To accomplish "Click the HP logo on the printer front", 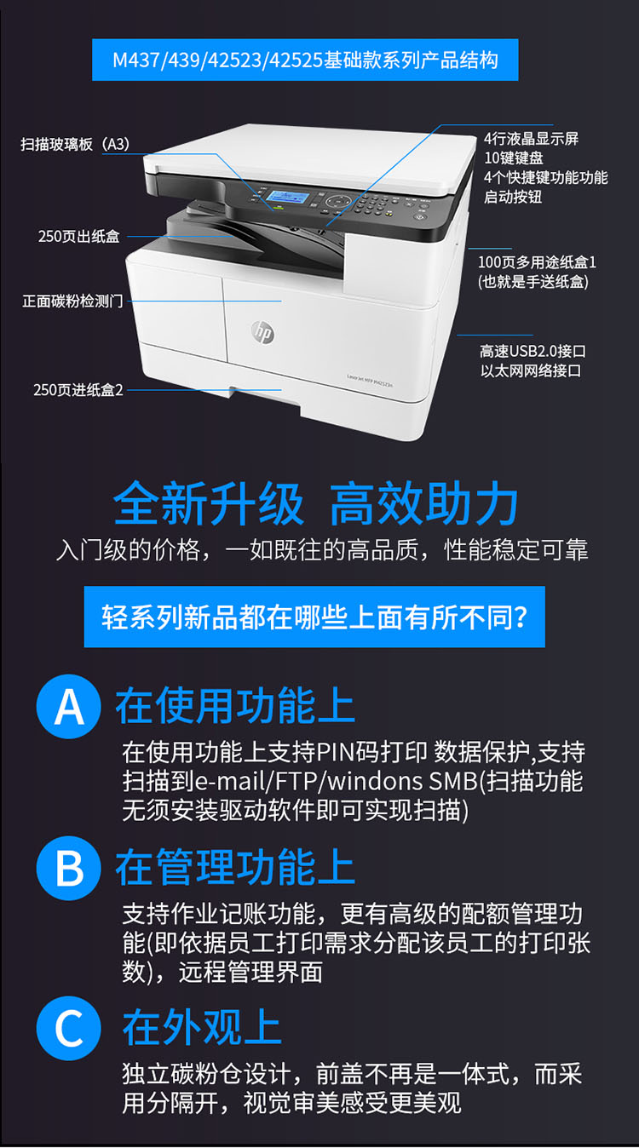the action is click(263, 333).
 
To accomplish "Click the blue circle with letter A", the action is click(68, 706).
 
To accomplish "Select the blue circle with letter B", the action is click(68, 868).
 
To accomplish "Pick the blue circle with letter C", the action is click(68, 1028).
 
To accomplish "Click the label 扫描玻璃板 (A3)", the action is click(75, 144).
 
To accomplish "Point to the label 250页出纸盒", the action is click(79, 236).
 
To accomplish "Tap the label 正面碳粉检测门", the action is click(72, 301).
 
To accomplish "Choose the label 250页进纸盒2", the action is click(78, 390).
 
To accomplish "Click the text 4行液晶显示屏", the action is click(532, 138).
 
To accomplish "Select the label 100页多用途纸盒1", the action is click(537, 262).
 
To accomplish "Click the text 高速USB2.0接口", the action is click(532, 351).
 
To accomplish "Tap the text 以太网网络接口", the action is click(531, 370).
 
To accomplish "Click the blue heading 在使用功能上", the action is click(235, 705).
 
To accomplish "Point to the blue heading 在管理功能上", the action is click(235, 867).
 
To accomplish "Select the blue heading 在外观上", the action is click(202, 1027).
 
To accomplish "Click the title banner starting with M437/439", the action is click(305, 60).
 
